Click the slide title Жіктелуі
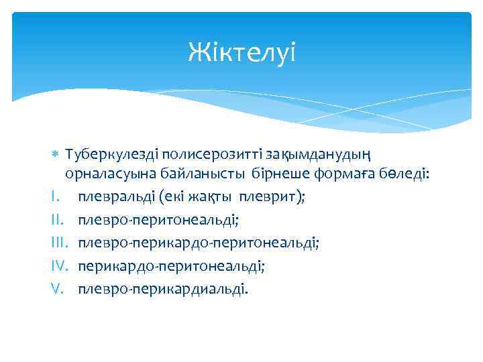pyautogui.click(x=241, y=52)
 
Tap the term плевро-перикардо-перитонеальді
pyautogui.click(x=198, y=243)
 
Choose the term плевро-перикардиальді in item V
pyautogui.click(x=162, y=289)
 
